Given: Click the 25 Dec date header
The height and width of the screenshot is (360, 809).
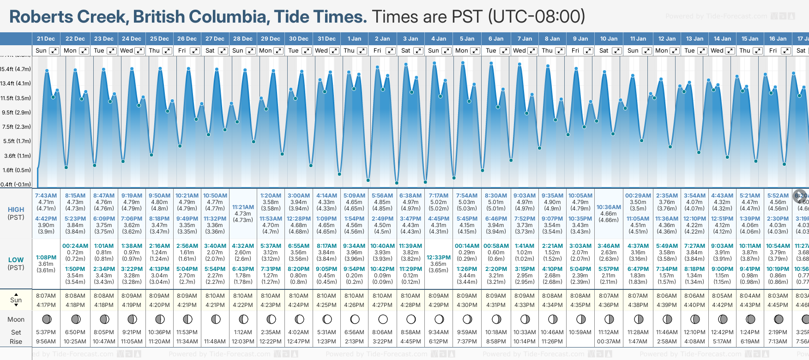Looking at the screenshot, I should (159, 39).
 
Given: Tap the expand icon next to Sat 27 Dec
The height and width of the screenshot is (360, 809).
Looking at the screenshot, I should (223, 51).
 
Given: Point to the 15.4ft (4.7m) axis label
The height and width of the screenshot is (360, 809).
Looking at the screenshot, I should (16, 69).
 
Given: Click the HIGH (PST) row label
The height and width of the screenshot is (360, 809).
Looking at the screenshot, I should (16, 213).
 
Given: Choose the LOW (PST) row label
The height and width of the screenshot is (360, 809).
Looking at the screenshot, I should (16, 264).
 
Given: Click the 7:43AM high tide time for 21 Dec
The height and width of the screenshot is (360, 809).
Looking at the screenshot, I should (46, 196).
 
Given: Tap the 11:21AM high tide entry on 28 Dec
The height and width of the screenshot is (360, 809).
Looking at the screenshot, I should (243, 207).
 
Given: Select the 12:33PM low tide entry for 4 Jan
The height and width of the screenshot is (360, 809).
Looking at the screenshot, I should (438, 258).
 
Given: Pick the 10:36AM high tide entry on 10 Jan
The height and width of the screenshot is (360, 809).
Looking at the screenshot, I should (609, 207).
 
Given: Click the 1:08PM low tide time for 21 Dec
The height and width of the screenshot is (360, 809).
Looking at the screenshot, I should (46, 258).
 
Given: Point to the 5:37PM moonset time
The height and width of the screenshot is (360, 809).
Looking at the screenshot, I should (46, 332).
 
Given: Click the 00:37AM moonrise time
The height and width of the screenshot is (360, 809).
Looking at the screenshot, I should (609, 342).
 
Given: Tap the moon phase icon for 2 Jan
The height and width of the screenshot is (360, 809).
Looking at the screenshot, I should (382, 319).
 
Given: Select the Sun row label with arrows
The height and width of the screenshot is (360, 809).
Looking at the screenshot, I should (16, 300).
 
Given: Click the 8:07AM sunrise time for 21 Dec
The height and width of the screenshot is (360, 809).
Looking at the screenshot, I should (46, 296).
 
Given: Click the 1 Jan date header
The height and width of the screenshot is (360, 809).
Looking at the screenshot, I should (354, 39).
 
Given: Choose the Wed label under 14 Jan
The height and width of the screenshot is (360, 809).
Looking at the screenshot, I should (717, 51).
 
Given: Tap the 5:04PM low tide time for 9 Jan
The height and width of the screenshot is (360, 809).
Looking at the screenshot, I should (580, 269).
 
